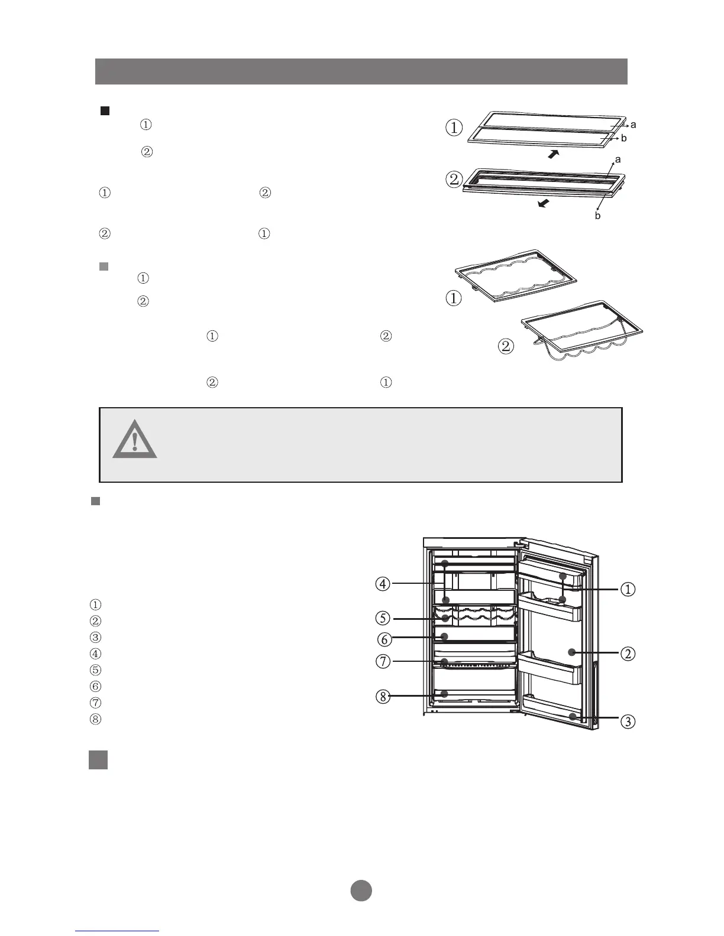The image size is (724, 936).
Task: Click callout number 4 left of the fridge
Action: tap(383, 584)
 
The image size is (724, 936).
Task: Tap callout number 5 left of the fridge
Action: tap(383, 619)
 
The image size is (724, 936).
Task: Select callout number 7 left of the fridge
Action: tap(383, 661)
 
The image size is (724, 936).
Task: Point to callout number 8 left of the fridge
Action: tap(383, 697)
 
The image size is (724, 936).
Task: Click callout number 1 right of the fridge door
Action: tap(628, 589)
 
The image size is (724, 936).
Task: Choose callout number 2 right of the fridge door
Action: tap(628, 654)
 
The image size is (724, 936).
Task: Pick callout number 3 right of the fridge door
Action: tap(628, 721)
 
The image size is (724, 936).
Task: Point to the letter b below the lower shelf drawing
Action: tap(598, 216)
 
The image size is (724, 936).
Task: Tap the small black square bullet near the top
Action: tap(105, 110)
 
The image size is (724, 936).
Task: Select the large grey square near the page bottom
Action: tap(98, 760)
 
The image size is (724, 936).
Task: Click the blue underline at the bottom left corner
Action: tap(118, 931)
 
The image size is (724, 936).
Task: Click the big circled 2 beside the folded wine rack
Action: tap(506, 346)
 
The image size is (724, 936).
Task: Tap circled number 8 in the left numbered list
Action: tap(95, 719)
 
